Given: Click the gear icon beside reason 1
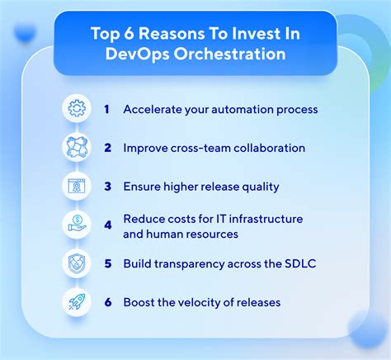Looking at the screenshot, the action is tap(77, 108).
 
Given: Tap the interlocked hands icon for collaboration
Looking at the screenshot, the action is tap(77, 147).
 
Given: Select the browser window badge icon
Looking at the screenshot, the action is tap(77, 186).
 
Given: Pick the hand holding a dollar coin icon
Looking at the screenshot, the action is tap(77, 225).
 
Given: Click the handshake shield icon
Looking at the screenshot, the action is tap(77, 263).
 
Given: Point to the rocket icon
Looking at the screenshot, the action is tap(77, 301).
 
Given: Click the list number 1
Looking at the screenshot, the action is tap(106, 109).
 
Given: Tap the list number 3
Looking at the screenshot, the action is tap(107, 187).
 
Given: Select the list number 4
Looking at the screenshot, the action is tap(108, 225).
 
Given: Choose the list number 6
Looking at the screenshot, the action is tap(108, 302).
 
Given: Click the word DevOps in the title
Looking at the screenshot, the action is tap(137, 54).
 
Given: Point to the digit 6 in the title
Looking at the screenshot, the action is tap(129, 34).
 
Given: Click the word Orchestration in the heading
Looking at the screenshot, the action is tap(229, 54).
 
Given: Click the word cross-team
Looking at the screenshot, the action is tap(200, 148).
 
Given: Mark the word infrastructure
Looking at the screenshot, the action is tap(266, 219).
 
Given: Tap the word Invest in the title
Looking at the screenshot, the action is tap(251, 34).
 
